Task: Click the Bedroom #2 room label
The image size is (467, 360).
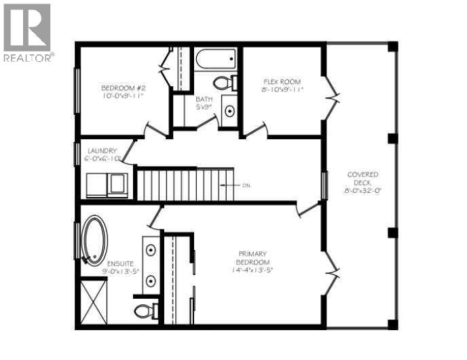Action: (123, 88)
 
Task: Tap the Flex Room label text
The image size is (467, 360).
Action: (282, 82)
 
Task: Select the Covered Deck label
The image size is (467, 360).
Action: (362, 175)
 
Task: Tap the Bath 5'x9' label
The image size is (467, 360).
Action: (204, 98)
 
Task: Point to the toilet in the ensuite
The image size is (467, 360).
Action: (144, 311)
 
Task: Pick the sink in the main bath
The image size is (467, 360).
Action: (229, 111)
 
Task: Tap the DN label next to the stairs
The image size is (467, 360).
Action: (248, 185)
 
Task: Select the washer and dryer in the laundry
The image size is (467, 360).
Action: (107, 185)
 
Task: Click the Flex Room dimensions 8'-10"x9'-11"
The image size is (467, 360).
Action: (282, 90)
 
